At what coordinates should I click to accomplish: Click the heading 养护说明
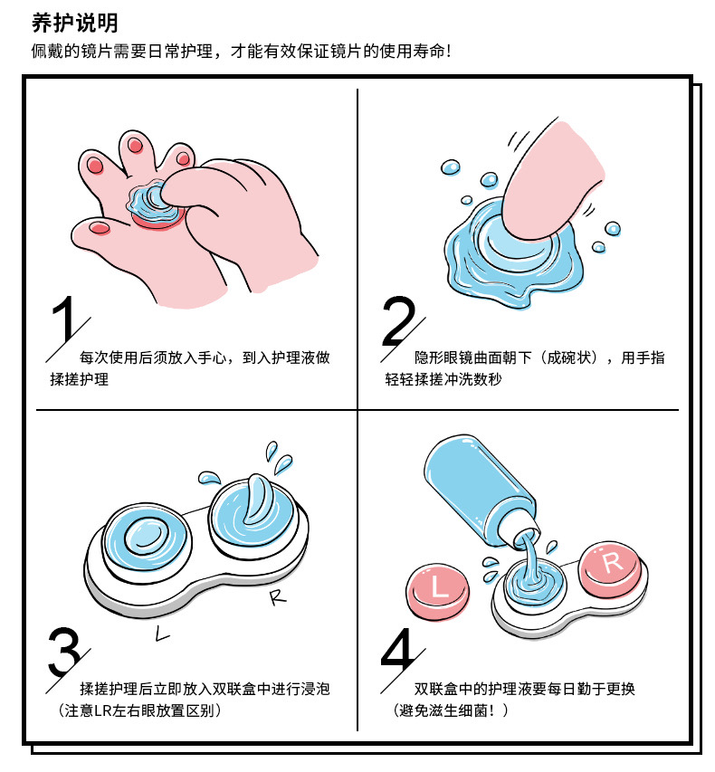click(x=75, y=24)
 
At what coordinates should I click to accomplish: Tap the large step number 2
click(x=398, y=320)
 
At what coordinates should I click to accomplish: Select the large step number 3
click(x=64, y=652)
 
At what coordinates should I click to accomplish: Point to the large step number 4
click(x=399, y=650)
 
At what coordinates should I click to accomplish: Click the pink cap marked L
click(x=438, y=591)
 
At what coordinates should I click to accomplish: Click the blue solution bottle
click(x=482, y=492)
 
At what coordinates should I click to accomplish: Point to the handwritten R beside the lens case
click(x=277, y=596)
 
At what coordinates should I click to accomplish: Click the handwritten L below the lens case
click(x=161, y=634)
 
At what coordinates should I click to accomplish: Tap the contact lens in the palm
click(x=154, y=205)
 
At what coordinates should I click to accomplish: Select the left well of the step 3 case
click(x=148, y=538)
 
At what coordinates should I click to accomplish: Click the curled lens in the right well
click(x=258, y=499)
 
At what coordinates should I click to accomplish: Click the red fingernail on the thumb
click(x=100, y=227)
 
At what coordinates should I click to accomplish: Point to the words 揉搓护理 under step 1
click(x=80, y=379)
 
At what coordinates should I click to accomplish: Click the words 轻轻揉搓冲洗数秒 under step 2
click(x=443, y=379)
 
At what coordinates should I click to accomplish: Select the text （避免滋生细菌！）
click(x=451, y=710)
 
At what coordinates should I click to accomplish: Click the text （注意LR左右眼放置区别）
click(x=139, y=710)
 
